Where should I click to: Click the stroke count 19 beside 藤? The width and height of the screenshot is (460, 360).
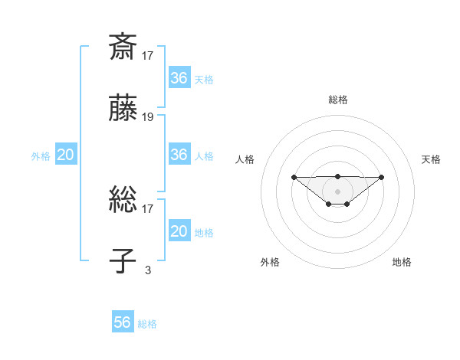pyautogui.click(x=148, y=117)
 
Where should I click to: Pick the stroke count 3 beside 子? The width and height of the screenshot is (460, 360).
pyautogui.click(x=148, y=270)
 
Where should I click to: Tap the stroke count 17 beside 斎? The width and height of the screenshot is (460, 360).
pyautogui.click(x=148, y=55)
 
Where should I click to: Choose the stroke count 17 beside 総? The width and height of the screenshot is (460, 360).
pyautogui.click(x=148, y=208)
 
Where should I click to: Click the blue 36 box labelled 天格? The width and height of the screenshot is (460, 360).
pyautogui.click(x=179, y=78)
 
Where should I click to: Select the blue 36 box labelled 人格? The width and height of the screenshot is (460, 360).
pyautogui.click(x=179, y=155)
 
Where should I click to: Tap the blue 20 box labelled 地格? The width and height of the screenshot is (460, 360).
pyautogui.click(x=179, y=231)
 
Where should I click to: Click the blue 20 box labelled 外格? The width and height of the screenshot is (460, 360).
pyautogui.click(x=65, y=155)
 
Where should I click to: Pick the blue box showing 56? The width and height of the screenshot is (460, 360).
pyautogui.click(x=123, y=322)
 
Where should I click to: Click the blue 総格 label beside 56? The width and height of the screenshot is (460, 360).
pyautogui.click(x=147, y=324)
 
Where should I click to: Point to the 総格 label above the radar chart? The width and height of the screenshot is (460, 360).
pyautogui.click(x=337, y=100)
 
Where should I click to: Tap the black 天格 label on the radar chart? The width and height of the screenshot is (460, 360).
pyautogui.click(x=431, y=159)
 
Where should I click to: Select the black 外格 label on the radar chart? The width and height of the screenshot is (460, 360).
pyautogui.click(x=270, y=262)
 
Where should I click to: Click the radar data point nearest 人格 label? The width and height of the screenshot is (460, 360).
pyautogui.click(x=294, y=178)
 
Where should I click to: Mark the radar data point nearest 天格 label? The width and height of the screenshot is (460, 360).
pyautogui.click(x=382, y=178)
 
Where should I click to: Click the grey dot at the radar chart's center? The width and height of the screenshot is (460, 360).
pyautogui.click(x=337, y=191)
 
